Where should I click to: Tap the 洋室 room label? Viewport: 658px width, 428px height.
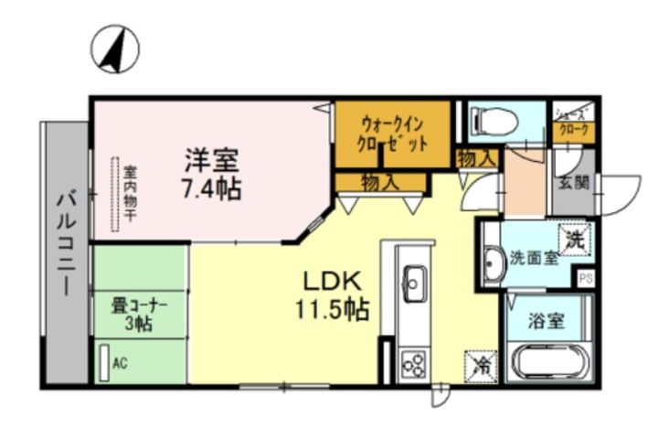click(x=212, y=160)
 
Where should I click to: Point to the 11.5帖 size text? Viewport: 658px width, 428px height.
click(x=330, y=309)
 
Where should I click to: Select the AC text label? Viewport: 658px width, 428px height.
click(x=120, y=362)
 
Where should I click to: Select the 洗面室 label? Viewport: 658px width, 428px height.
click(x=533, y=258)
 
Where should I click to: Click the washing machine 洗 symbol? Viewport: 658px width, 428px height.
click(x=574, y=240)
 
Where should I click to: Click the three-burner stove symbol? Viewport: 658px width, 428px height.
click(x=414, y=363)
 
